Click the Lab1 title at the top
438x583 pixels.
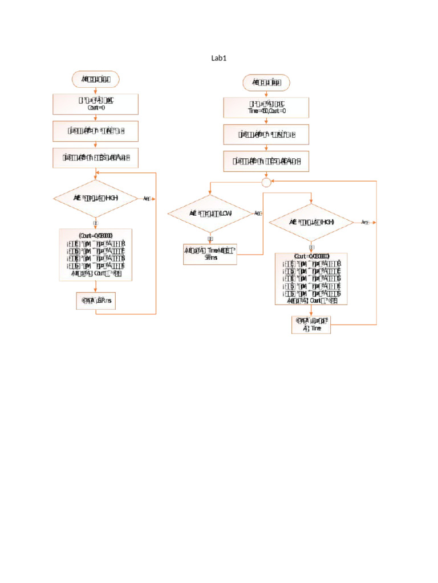coord(219,58)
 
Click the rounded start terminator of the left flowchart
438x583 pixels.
coord(95,79)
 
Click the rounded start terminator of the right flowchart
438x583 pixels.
coord(266,83)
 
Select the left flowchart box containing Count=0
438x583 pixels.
coord(95,104)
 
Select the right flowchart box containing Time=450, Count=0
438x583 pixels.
coord(266,108)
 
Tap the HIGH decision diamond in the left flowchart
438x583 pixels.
coord(95,198)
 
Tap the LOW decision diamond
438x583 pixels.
coord(210,213)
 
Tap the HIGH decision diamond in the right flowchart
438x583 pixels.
coord(311,222)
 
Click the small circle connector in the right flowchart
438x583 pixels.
coord(266,182)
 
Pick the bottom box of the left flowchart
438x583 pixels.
coord(95,301)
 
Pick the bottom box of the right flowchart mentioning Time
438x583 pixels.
coord(311,325)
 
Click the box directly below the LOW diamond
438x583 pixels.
coord(210,254)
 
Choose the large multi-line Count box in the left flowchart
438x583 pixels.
coord(95,255)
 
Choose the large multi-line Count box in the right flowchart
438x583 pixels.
coord(311,279)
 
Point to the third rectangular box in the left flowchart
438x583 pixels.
coord(95,158)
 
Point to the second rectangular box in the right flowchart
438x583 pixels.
coord(266,134)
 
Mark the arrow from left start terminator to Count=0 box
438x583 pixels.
coord(95,90)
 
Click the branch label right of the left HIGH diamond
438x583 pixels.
coord(147,198)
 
